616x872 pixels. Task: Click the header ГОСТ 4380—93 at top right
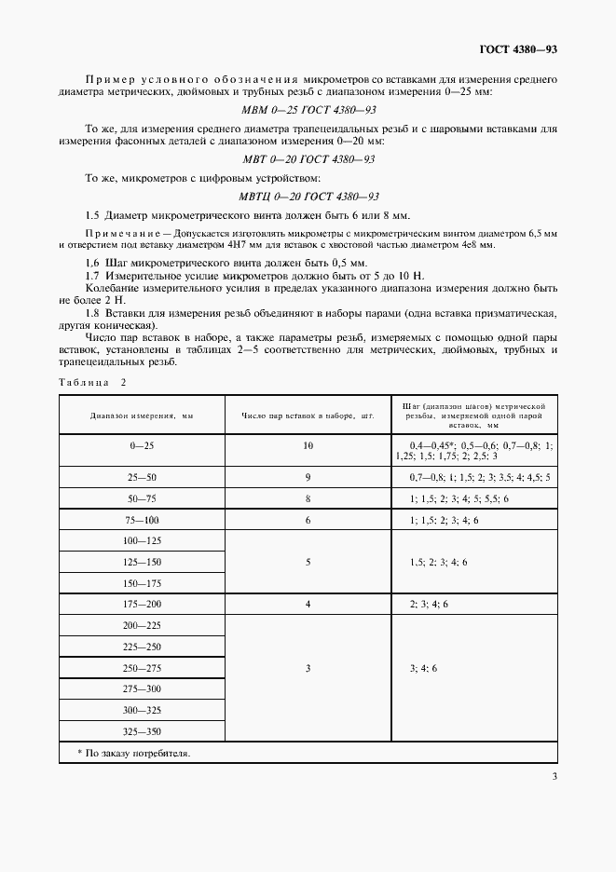coord(518,49)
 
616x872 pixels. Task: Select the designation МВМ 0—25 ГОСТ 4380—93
coord(308,110)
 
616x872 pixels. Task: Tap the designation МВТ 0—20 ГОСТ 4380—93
coord(308,159)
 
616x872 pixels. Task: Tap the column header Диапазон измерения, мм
coord(142,416)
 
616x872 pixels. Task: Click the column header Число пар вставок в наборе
coord(308,416)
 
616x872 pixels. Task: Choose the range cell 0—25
coord(142,446)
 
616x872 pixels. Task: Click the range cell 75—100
coord(142,520)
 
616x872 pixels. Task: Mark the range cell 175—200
coord(142,605)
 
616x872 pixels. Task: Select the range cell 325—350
coord(142,731)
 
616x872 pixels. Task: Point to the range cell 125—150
coord(142,562)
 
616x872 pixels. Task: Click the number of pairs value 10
coord(308,446)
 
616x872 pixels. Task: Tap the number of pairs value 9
coord(308,477)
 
